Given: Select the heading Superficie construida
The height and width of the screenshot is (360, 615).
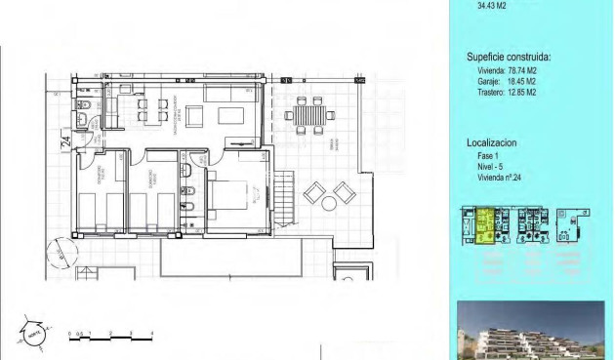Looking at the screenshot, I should pos(509,58).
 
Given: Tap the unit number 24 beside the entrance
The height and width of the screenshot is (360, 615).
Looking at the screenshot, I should pos(65,142).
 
